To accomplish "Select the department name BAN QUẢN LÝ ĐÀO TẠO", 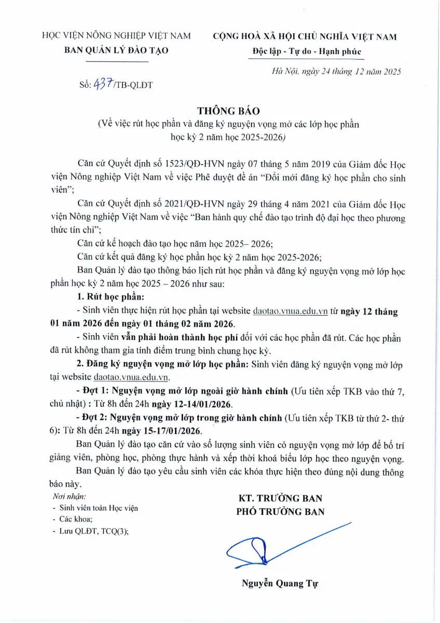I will click(116, 50).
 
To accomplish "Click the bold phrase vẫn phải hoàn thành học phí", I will click(176, 338).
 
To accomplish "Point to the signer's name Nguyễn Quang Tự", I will click(280, 583).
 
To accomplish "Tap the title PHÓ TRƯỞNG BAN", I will click(280, 511).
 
